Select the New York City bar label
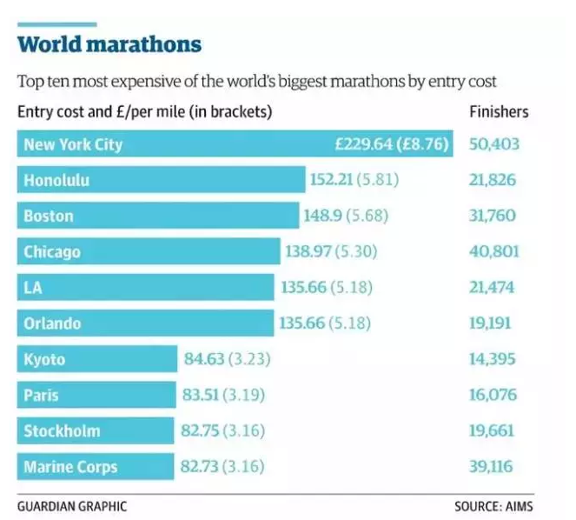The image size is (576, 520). coord(73,144)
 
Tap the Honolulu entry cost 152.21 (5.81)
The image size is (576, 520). coord(352,180)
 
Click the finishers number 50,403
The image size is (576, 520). coord(494,144)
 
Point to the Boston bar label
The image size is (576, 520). coord(49,216)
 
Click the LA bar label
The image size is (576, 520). coord(33,288)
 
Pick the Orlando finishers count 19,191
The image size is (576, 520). coord(493,323)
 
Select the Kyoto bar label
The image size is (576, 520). coord(44,360)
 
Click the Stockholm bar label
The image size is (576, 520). coord(62,431)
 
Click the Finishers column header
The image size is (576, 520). coord(499,112)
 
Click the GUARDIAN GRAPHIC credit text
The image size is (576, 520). coord(71,504)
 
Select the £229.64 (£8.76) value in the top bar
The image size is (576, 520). coord(392,144)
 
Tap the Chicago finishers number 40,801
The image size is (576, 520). coord(494,252)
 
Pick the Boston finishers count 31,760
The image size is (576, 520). coord(493,216)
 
